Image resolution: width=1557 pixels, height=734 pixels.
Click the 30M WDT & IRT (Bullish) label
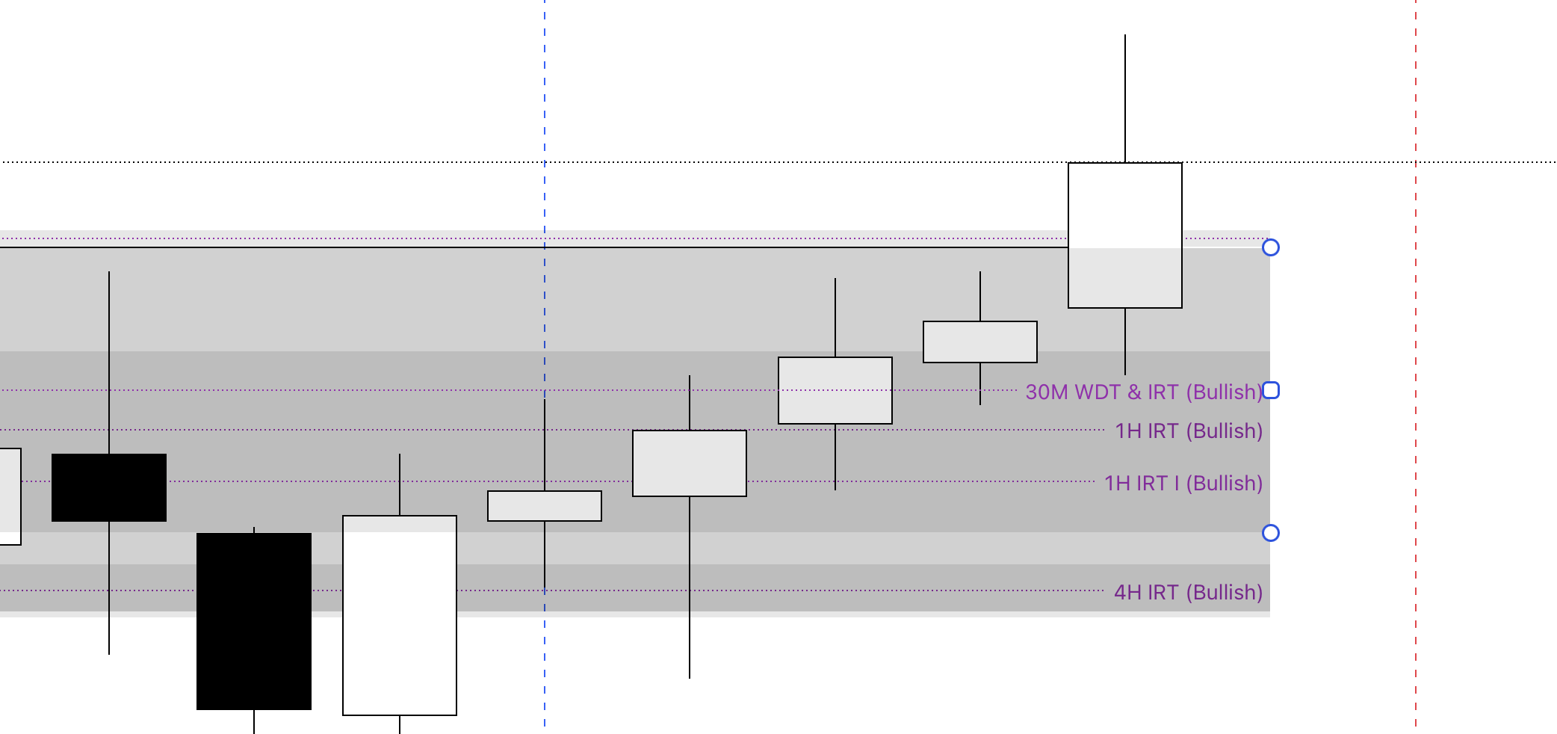click(1143, 392)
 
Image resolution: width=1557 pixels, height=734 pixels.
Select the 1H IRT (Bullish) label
click(1188, 431)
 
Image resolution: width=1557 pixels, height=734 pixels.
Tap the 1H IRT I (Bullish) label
click(1183, 484)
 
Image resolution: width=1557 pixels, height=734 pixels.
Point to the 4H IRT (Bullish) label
click(1188, 593)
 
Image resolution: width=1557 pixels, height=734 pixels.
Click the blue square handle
click(1271, 390)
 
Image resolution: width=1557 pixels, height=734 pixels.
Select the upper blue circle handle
click(1271, 247)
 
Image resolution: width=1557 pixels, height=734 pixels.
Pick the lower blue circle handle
click(1271, 533)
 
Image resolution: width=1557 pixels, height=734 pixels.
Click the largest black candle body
click(254, 621)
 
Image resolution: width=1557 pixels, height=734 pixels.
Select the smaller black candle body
click(109, 487)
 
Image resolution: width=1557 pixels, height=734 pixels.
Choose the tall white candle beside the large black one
click(400, 615)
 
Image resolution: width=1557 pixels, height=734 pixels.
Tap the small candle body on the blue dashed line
click(545, 506)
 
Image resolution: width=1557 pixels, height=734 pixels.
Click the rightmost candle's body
click(1125, 235)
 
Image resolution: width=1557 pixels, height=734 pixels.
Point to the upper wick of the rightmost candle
click(1125, 98)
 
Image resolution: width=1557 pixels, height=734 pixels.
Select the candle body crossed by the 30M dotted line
click(835, 390)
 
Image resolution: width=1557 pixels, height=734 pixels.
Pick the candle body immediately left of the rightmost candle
click(980, 342)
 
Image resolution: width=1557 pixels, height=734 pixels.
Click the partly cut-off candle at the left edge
click(10, 496)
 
